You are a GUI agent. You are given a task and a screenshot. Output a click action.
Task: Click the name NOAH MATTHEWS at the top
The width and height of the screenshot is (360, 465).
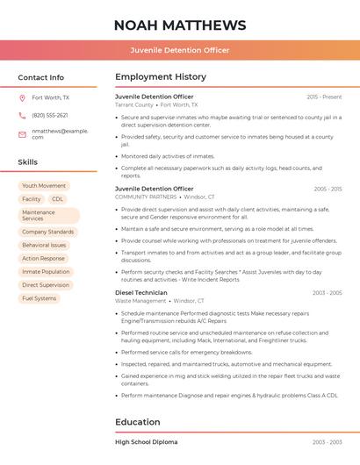[x=180, y=25]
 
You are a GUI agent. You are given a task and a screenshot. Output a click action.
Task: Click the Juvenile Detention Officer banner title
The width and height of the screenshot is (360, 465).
[x=180, y=50]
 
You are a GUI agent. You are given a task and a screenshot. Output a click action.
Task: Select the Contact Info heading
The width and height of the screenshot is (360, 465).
[x=40, y=77]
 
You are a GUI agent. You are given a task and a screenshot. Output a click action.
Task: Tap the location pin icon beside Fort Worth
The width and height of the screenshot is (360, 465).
[x=22, y=98]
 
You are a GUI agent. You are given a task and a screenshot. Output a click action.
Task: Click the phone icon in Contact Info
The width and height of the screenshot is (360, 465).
[x=22, y=115]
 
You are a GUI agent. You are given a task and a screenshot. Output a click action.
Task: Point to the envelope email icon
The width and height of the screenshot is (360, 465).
[x=22, y=133]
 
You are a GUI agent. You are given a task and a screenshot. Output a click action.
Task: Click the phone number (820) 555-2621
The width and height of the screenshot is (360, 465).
[x=50, y=115]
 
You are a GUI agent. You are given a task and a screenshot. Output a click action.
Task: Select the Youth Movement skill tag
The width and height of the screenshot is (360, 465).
[x=44, y=186]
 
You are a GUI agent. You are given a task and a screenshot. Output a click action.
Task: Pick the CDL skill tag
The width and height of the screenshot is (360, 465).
[x=58, y=199]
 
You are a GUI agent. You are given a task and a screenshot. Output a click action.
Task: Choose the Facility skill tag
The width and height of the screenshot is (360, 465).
[x=31, y=199]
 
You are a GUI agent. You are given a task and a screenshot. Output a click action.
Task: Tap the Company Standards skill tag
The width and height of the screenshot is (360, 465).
[x=47, y=232]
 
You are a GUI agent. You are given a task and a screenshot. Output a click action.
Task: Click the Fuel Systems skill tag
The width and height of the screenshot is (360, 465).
[x=39, y=298]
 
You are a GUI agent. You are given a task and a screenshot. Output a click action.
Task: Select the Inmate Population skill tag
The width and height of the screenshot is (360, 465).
[x=46, y=272]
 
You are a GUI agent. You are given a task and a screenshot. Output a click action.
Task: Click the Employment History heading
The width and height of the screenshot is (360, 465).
[x=161, y=77]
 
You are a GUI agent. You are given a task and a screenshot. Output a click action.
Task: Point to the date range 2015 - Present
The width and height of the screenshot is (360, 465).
[x=324, y=97]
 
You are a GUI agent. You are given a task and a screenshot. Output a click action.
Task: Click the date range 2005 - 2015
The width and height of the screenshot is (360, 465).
[x=328, y=189]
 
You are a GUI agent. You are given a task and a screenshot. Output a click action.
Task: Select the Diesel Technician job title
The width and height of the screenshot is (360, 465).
[x=140, y=292]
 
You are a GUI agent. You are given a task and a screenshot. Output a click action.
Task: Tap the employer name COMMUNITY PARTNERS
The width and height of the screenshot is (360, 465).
[x=146, y=197]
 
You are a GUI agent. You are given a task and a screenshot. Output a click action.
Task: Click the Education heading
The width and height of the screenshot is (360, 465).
[x=138, y=422]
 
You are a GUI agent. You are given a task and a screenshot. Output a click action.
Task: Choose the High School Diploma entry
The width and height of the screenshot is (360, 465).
[x=146, y=442]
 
